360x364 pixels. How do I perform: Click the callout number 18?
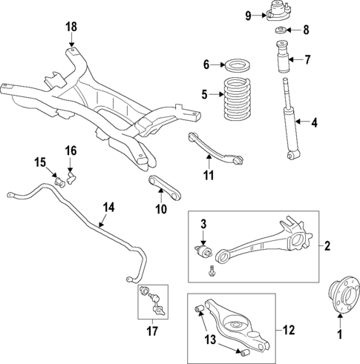click(x=71, y=27)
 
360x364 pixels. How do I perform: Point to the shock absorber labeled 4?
click(x=289, y=122)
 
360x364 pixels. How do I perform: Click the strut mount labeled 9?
click(x=278, y=14)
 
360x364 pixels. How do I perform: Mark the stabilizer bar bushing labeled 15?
click(x=59, y=180)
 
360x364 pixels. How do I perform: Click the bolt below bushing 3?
click(x=212, y=271)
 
